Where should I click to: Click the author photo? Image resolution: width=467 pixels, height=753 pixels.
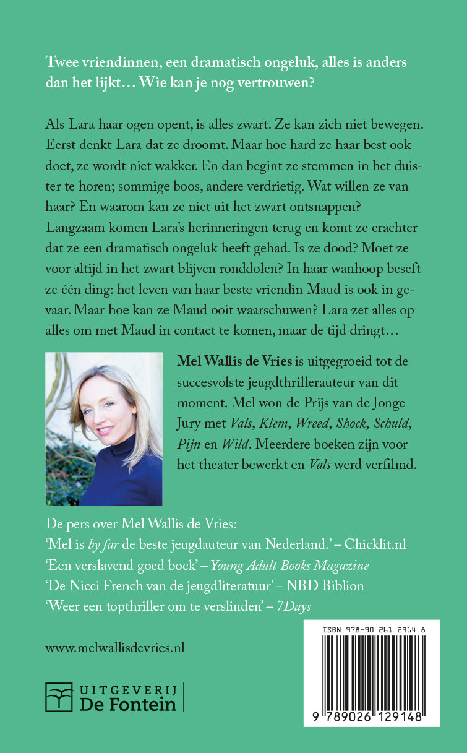[104, 429]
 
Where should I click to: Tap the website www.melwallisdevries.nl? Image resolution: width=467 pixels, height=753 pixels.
[116, 647]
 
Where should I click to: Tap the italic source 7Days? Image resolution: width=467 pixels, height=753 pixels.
[294, 607]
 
